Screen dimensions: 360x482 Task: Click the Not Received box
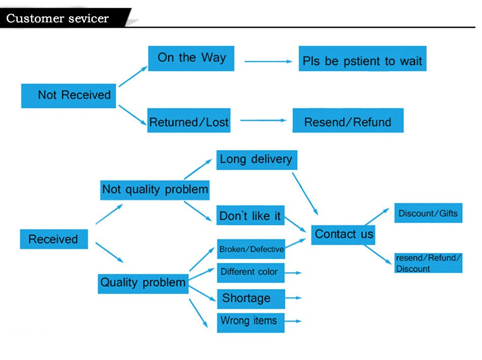coord(68,95)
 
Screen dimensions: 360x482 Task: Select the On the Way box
coord(191,58)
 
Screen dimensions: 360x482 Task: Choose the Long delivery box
coord(256,159)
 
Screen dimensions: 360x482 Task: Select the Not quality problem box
coord(155,190)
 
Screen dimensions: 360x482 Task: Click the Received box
coord(54,239)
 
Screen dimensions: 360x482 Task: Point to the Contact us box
coord(343,234)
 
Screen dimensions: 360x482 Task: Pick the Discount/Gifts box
coord(428,213)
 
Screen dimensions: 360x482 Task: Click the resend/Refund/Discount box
coord(428,263)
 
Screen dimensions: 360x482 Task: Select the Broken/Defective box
coord(251,249)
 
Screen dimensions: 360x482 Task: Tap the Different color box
coord(251,272)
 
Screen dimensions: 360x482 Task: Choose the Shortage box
coord(251,298)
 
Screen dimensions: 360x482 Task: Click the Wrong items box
coord(251,322)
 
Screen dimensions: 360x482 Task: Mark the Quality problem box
coord(143,282)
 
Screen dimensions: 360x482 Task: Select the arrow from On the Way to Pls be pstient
coord(268,61)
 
